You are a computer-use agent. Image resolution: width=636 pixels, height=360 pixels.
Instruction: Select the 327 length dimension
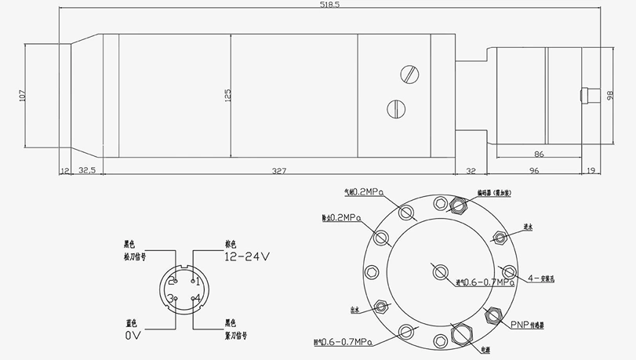coord(278,170)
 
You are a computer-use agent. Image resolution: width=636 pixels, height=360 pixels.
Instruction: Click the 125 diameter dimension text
coord(227,95)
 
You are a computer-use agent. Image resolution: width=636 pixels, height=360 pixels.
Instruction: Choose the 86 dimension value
coord(539,155)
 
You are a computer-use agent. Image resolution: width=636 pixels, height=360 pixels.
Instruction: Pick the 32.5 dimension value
coord(86,170)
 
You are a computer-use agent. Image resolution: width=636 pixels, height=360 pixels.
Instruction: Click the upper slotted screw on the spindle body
coord(408,75)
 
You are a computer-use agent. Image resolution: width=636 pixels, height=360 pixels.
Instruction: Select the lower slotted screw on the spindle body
coord(396,106)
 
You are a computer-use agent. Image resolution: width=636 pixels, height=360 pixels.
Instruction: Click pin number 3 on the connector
coord(170,299)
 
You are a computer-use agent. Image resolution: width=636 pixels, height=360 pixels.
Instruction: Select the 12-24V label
coord(246,256)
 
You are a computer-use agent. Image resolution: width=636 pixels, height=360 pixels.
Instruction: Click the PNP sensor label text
coord(525,323)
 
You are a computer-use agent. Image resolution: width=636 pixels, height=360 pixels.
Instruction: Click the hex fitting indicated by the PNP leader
coord(493,315)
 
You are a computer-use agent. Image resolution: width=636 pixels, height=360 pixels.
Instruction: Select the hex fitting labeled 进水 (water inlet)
coord(499,237)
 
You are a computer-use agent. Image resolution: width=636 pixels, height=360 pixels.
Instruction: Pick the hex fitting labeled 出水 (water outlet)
coord(382,306)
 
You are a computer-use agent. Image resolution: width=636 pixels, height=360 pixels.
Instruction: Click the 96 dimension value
coord(533,170)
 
